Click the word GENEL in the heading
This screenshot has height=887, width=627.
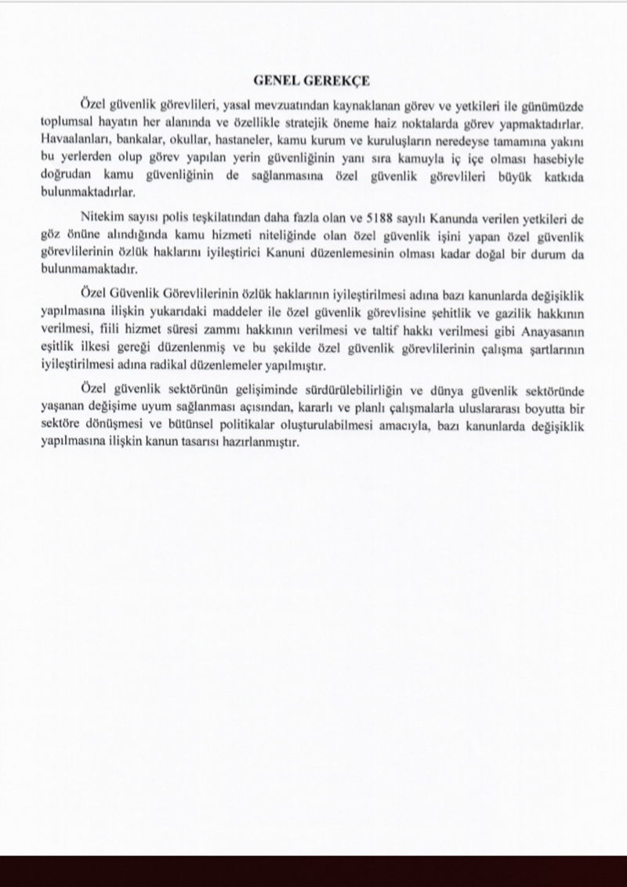(x=278, y=80)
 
